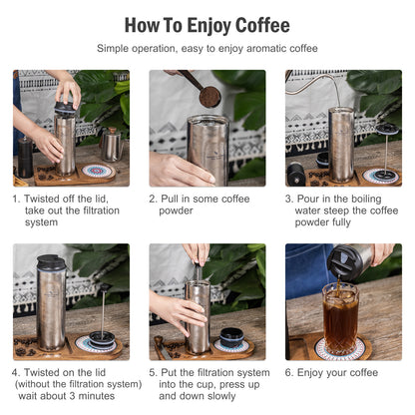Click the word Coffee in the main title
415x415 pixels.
pyautogui.click(x=253, y=24)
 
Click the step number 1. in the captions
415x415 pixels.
pyautogui.click(x=18, y=199)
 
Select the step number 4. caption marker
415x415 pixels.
pyautogui.click(x=18, y=372)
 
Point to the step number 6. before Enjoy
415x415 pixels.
pyautogui.click(x=289, y=372)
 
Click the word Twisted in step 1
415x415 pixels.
pyautogui.click(x=45, y=199)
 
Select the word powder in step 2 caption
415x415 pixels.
pyautogui.click(x=177, y=211)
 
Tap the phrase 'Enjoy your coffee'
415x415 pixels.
pyautogui.click(x=337, y=372)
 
